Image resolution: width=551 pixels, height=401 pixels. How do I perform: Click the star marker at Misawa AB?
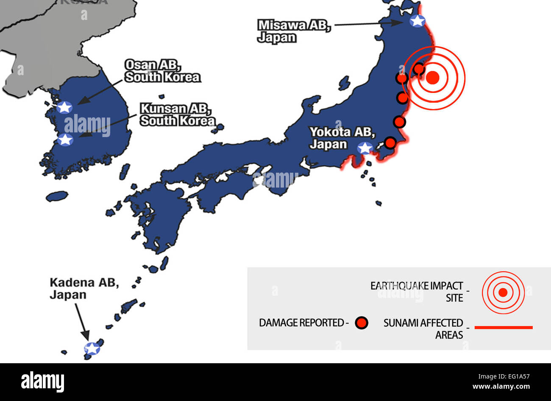point(417,20)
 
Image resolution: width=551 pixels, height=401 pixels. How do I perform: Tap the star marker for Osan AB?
point(64,107)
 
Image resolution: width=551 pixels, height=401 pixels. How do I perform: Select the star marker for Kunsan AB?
point(65,139)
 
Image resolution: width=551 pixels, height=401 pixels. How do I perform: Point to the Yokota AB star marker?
point(365,148)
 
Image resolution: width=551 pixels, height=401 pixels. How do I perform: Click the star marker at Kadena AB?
point(92,348)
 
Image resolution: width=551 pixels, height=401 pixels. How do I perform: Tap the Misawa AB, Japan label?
point(294,31)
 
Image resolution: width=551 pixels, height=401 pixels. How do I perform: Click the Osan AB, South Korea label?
point(162,71)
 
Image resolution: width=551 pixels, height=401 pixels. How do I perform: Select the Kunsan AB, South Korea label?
point(177,115)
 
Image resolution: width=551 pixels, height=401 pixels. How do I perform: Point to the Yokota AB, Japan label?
point(342,138)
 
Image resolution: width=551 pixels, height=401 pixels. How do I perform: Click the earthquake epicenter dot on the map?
point(432,78)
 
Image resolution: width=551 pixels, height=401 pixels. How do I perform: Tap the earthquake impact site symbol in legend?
point(503,292)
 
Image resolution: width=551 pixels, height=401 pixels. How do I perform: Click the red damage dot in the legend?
point(362,323)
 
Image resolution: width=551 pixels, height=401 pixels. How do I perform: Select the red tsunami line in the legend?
point(504,328)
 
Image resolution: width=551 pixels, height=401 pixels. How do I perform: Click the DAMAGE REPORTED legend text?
point(303,323)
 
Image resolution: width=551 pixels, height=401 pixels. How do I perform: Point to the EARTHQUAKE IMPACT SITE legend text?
point(417,292)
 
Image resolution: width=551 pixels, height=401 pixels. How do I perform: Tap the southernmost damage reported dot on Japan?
point(390,142)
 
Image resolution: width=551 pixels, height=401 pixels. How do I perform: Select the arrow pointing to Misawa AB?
point(368,24)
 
